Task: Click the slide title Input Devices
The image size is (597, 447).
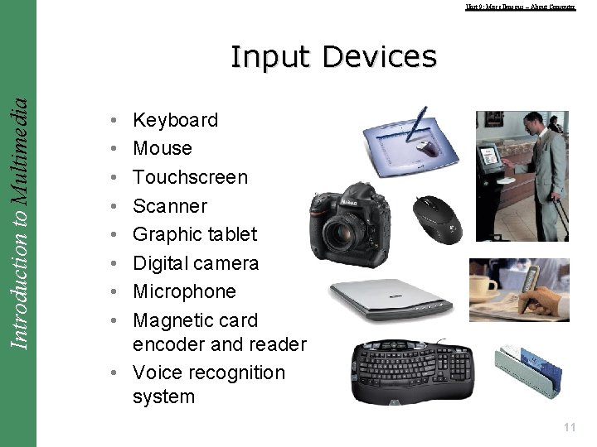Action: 333,57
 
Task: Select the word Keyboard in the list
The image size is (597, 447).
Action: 175,120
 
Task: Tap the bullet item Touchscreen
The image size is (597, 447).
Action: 190,177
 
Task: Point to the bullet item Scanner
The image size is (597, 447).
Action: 170,206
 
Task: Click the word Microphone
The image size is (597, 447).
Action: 184,291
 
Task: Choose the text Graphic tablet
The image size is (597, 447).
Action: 195,234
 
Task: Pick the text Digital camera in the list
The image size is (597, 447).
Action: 196,263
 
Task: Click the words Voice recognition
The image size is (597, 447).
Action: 208,372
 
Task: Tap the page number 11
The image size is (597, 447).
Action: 569,427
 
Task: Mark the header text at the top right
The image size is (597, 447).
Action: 520,7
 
